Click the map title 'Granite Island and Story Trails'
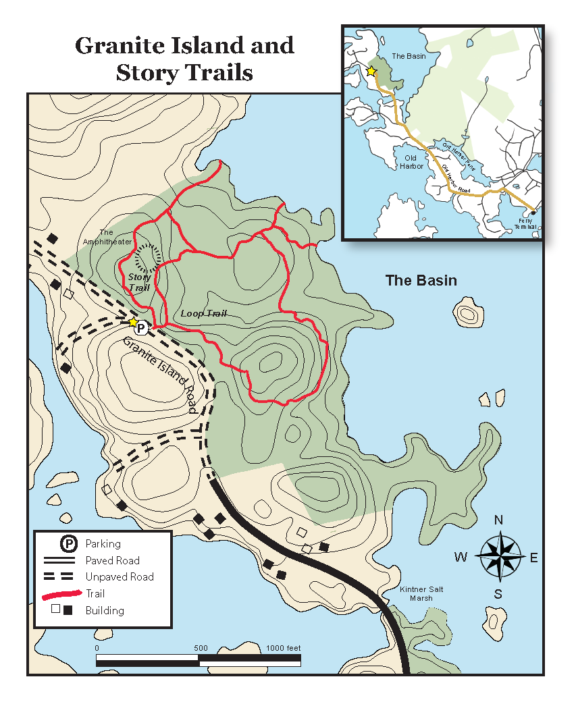click(x=184, y=58)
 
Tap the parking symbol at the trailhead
click(x=141, y=328)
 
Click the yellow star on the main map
click(x=134, y=322)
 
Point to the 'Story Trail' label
click(x=139, y=282)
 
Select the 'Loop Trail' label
click(x=203, y=314)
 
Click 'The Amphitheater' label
click(x=107, y=237)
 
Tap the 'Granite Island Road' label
click(x=160, y=373)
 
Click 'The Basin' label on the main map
click(x=421, y=280)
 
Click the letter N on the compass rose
click(x=499, y=520)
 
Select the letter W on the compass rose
click(x=461, y=558)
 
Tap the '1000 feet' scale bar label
click(x=284, y=648)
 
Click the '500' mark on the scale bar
click(x=201, y=648)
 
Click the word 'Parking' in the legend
click(x=103, y=544)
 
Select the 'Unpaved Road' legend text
click(x=119, y=577)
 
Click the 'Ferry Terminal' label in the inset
click(x=528, y=223)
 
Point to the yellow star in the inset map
click(x=371, y=71)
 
